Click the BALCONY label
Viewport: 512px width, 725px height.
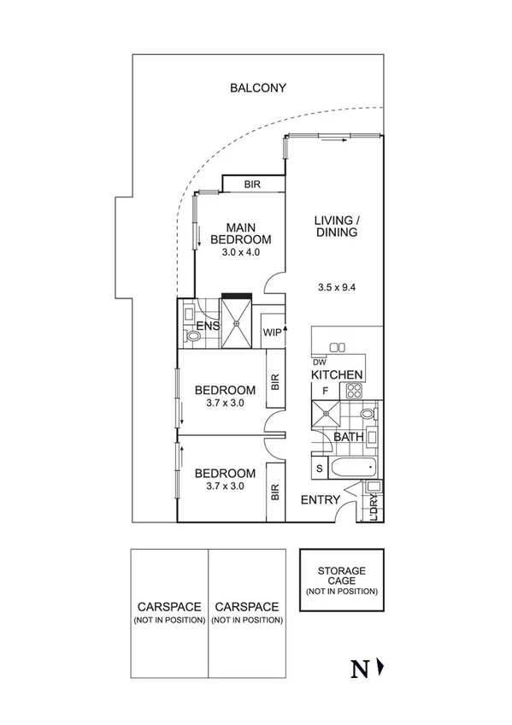257,87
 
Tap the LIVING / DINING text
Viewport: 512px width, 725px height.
336,227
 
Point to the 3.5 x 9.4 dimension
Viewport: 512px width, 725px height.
335,287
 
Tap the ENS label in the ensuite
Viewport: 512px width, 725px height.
207,327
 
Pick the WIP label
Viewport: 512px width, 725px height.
272,333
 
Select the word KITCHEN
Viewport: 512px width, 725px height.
337,375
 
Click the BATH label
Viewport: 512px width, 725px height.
349,436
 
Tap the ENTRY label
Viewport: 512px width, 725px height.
320,500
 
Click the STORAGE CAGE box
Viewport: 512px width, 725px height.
341,580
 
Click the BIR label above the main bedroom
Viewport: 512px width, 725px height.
252,185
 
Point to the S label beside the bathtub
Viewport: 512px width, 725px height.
320,469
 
